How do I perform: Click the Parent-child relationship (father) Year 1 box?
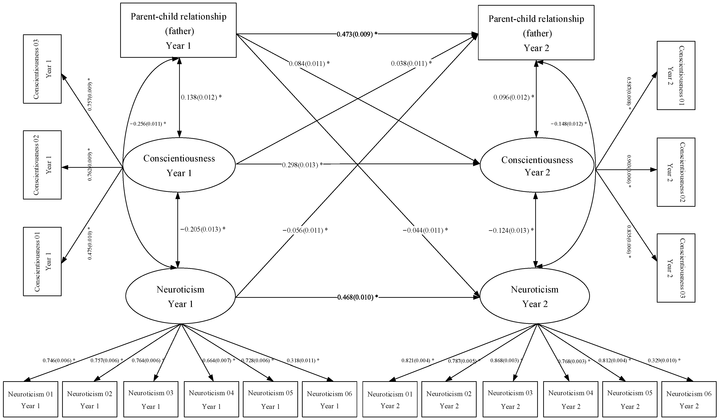[x=178, y=30]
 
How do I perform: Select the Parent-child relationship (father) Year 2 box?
[x=536, y=33]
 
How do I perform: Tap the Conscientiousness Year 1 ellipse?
[x=179, y=165]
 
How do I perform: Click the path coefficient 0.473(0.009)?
[x=357, y=34]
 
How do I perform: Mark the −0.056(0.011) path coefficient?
[x=305, y=230]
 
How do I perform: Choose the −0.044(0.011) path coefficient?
[x=425, y=230]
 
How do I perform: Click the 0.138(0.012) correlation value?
[x=201, y=97]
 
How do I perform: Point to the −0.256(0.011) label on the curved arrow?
[x=148, y=124]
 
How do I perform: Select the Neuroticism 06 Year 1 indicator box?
[x=329, y=399]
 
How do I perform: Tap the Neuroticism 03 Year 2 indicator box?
[x=510, y=399]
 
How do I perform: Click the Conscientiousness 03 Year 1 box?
[x=42, y=69]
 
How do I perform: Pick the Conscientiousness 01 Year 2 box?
[x=676, y=75]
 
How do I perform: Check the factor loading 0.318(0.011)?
[x=303, y=360]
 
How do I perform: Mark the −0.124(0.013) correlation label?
[x=511, y=230]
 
